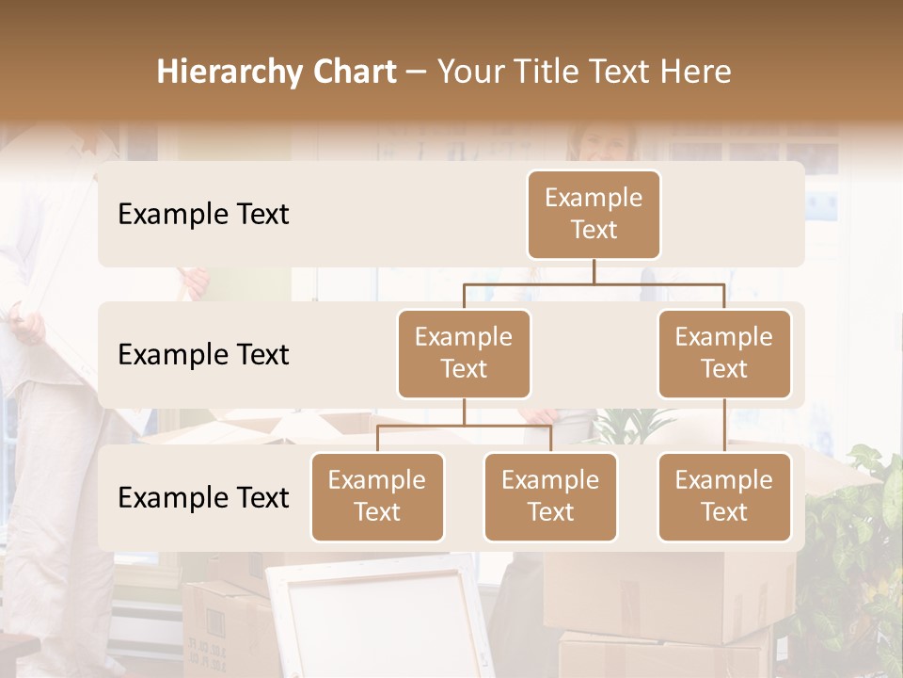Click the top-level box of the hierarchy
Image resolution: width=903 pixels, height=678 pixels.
point(594,214)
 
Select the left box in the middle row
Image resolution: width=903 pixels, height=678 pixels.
point(464,353)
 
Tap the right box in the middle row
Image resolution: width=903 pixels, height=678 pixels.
point(724,353)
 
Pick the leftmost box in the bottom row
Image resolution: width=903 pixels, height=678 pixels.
point(377,496)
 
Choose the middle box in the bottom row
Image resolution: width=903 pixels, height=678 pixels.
point(550,496)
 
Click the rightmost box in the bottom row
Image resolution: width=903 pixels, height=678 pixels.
point(724,496)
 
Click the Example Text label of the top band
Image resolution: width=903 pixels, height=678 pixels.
point(203,214)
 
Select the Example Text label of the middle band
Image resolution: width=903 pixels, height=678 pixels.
point(203,354)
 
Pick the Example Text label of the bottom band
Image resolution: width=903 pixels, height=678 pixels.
point(203,497)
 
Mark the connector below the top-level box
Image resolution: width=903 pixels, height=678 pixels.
point(594,272)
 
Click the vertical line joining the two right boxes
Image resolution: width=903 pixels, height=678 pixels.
point(724,426)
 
